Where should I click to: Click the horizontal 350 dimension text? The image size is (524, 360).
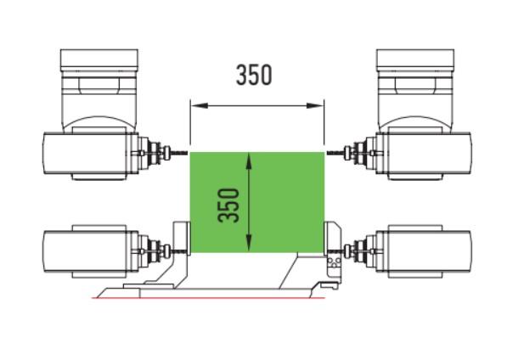click(254, 75)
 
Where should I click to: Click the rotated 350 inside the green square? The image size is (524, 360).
click(228, 205)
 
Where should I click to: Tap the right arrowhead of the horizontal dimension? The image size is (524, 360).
click(315, 105)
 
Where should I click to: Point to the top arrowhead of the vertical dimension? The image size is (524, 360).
click(249, 161)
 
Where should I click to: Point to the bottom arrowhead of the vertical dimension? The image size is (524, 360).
click(249, 244)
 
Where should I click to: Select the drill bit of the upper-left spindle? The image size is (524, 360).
click(179, 153)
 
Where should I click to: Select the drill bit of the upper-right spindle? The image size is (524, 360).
click(335, 153)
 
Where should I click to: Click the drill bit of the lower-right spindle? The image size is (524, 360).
click(335, 250)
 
